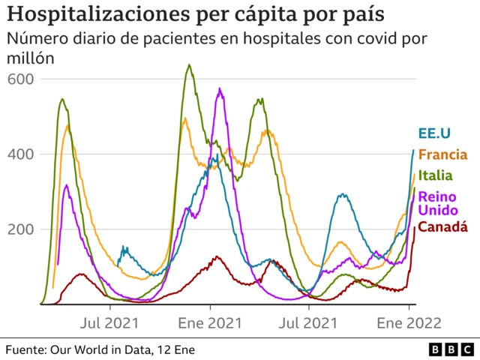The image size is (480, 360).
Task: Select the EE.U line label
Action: [434, 133]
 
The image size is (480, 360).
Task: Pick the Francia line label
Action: [442, 155]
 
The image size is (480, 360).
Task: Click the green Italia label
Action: [434, 176]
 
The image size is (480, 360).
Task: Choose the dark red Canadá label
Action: [442, 226]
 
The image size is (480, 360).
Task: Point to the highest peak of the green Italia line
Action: [189, 65]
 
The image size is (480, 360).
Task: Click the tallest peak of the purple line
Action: [220, 89]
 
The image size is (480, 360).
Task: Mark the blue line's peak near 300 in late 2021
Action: [342, 194]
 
